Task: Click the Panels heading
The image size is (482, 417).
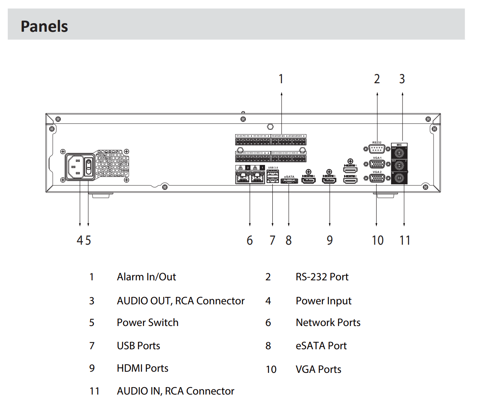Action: (44, 26)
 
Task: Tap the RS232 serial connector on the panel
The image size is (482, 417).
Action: (377, 149)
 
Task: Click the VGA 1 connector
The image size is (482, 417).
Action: (377, 164)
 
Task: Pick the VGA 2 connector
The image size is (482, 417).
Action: (377, 178)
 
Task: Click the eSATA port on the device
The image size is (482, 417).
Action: (289, 180)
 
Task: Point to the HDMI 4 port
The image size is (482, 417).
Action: (308, 180)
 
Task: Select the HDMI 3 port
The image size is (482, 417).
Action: (329, 180)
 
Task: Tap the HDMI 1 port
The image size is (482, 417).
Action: (350, 170)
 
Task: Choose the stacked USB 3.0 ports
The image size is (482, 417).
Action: (273, 177)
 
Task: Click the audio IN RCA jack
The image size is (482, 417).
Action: (399, 178)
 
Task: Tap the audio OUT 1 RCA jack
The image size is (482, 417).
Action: (399, 153)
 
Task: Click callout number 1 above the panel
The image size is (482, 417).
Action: (281, 79)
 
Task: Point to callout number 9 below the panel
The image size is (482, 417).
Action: (330, 240)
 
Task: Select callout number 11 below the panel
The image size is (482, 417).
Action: (405, 240)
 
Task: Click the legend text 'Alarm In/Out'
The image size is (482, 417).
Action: (146, 277)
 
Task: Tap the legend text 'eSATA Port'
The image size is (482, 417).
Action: (321, 346)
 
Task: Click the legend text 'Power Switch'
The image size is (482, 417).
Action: (148, 323)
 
